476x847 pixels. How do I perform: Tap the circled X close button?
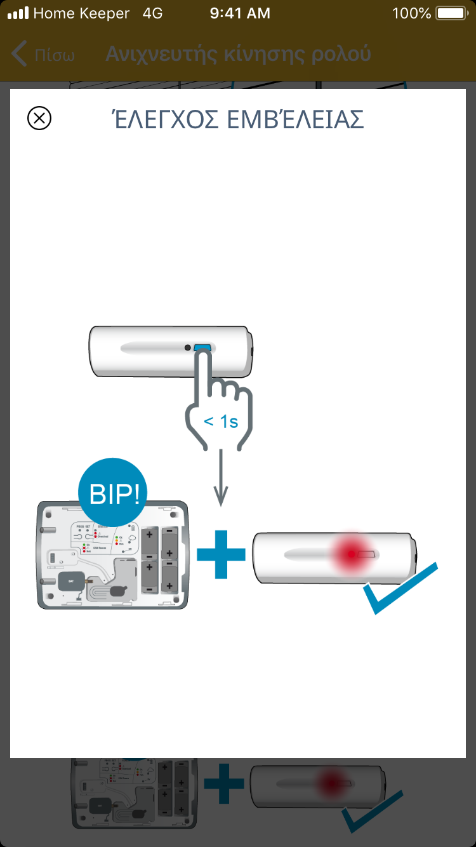click(x=39, y=118)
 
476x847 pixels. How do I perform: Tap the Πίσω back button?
click(x=43, y=55)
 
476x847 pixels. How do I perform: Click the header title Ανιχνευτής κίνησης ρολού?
click(x=238, y=55)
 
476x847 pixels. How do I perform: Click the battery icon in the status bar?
click(x=452, y=13)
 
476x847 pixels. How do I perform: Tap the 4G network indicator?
click(x=152, y=13)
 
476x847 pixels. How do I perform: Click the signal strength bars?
click(x=18, y=13)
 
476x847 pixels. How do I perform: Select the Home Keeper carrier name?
click(x=81, y=13)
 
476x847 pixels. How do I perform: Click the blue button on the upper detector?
click(x=203, y=347)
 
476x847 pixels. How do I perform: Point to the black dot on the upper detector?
click(x=187, y=347)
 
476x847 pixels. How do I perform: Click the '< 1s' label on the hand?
click(x=220, y=421)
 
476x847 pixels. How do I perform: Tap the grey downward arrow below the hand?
click(x=220, y=483)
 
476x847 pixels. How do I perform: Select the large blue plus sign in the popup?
click(x=221, y=554)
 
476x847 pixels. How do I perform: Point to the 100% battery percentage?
click(x=411, y=13)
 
